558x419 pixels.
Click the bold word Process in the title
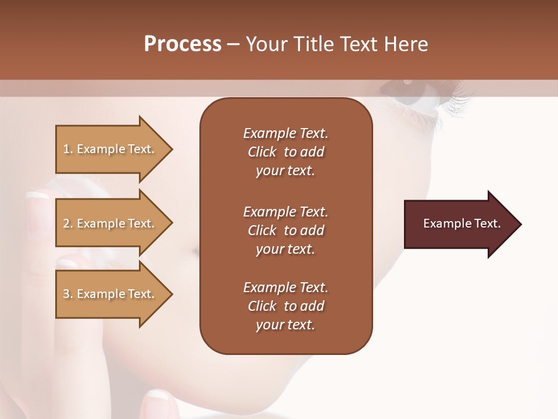coord(183,44)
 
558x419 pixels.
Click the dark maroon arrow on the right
coord(459,224)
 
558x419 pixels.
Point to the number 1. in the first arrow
coord(68,149)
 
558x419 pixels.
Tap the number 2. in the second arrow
coord(68,223)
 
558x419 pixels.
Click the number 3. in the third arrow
coord(68,294)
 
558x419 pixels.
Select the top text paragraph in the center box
coord(285,152)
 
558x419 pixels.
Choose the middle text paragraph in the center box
coord(285,230)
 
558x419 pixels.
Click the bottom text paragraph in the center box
coord(285,306)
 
